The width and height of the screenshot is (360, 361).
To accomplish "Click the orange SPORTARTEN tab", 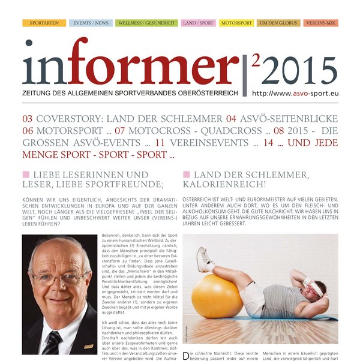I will pyautogui.click(x=44, y=23).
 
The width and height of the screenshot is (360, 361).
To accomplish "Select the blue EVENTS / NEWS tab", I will pyautogui.click(x=91, y=23).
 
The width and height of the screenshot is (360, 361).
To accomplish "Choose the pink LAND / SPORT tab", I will pyautogui.click(x=198, y=23).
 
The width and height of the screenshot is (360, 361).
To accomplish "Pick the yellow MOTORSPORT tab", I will pyautogui.click(x=236, y=23).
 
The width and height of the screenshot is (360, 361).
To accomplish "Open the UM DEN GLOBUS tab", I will pyautogui.click(x=278, y=23).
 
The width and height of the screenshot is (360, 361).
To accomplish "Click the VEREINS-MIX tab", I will pyautogui.click(x=321, y=23).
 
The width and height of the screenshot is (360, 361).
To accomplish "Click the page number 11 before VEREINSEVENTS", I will pyautogui.click(x=160, y=144).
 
